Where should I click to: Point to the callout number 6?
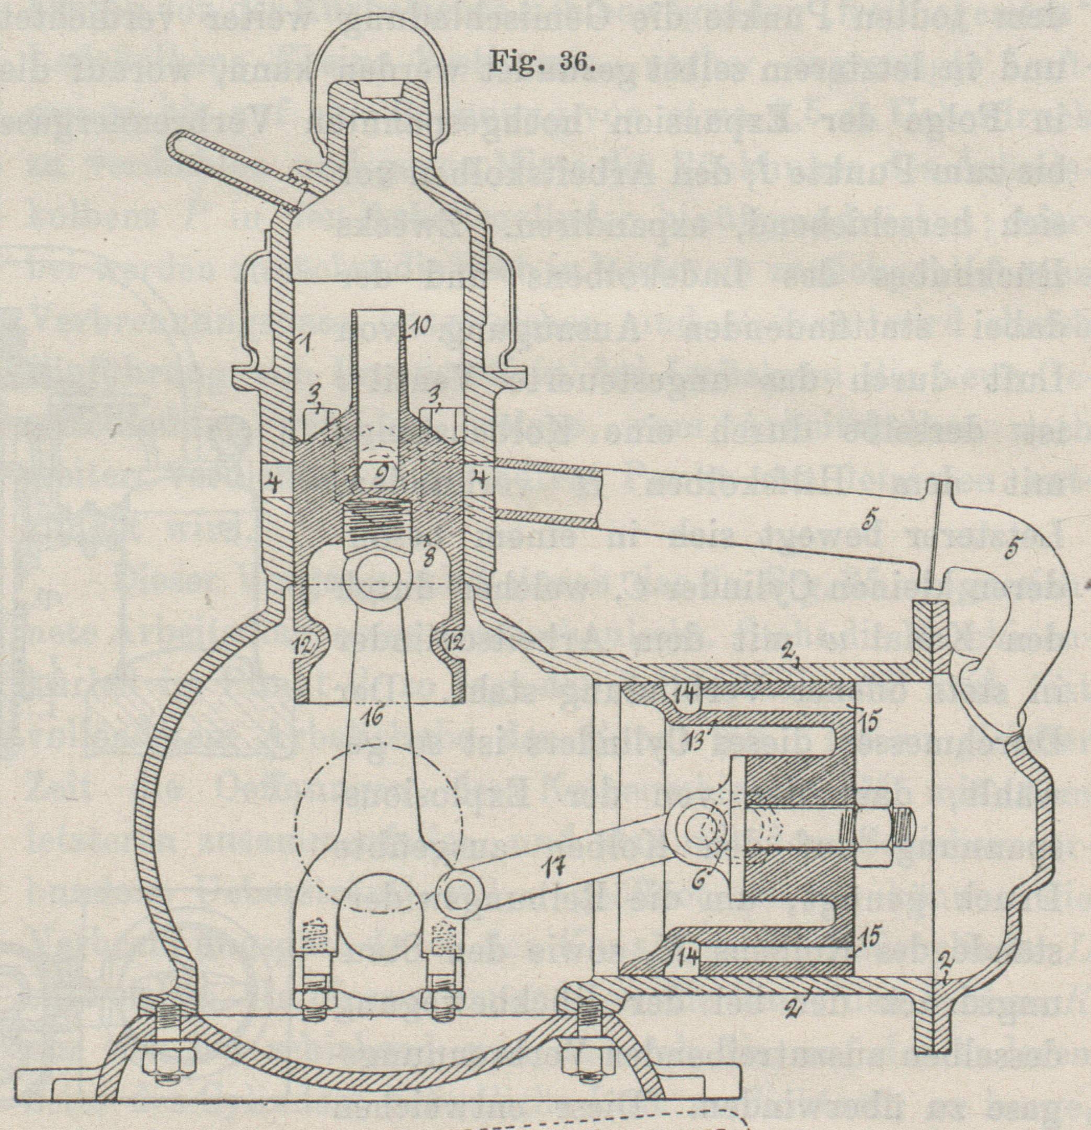700,880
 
